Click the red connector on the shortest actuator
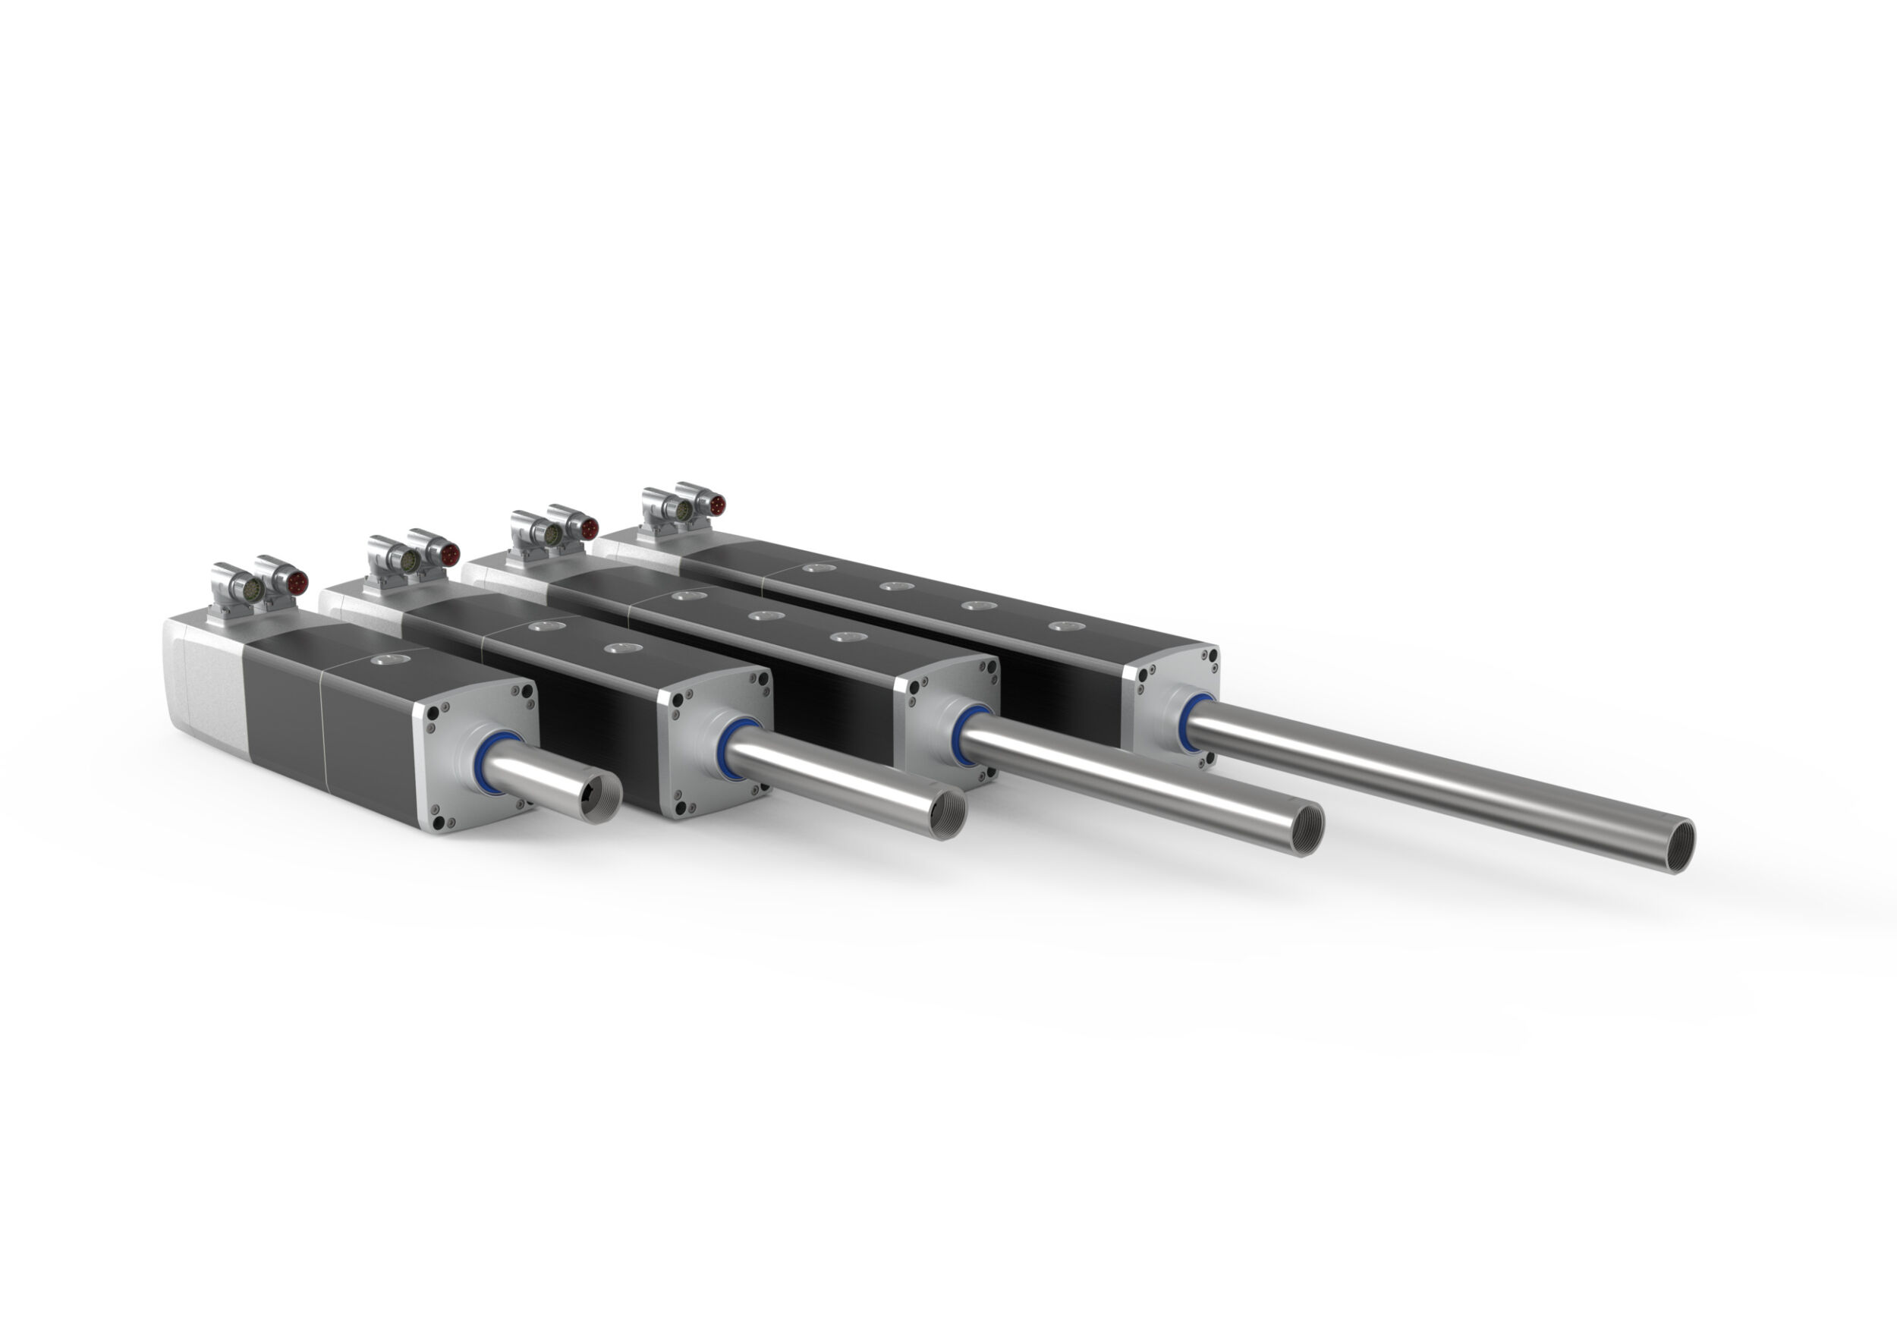tap(297, 582)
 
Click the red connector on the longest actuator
tap(716, 505)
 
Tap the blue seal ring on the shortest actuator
tap(496, 762)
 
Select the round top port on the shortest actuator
tap(384, 659)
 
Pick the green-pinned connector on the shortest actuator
tap(252, 589)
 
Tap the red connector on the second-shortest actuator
tap(448, 554)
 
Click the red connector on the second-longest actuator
tap(587, 527)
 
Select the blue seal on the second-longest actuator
tap(967, 735)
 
